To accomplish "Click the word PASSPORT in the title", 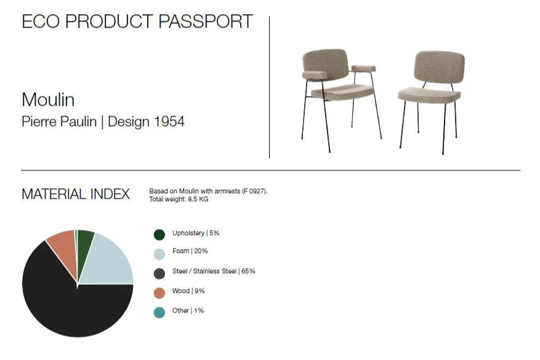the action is pos(206,22).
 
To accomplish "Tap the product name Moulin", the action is pos(48,100).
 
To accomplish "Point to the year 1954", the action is pos(169,121).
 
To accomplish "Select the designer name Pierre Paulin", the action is pos(59,121).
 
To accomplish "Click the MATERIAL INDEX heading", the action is pos(76,194).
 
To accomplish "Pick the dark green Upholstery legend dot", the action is pos(159,234).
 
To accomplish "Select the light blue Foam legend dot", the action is pos(159,254).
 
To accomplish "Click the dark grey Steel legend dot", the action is pos(159,274).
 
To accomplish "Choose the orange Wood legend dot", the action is pos(159,294).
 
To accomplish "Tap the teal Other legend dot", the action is pos(159,313).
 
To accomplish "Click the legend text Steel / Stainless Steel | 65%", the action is pos(214,271).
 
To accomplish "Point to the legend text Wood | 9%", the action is pos(188,291).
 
